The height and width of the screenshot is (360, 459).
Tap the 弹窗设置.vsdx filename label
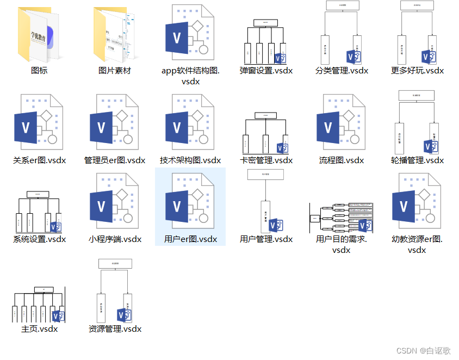coord(266,71)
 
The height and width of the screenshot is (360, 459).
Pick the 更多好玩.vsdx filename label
coord(417,71)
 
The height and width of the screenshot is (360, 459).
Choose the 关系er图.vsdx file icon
coord(39,122)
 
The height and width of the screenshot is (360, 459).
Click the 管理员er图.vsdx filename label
coord(115,160)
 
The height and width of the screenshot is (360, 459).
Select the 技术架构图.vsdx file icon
coord(190,122)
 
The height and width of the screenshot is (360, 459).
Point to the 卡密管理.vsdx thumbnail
coord(266,133)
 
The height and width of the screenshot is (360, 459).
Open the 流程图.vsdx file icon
coord(342,122)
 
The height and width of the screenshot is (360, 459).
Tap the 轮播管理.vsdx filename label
coord(417,160)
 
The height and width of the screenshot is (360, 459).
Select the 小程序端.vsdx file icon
coord(115,201)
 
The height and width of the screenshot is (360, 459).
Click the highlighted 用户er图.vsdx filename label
coord(190,239)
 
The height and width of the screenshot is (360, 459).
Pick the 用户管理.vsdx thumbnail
coord(266,201)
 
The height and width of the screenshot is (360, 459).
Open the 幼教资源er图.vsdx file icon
coord(417,201)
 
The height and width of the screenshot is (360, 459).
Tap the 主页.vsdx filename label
coord(39,329)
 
